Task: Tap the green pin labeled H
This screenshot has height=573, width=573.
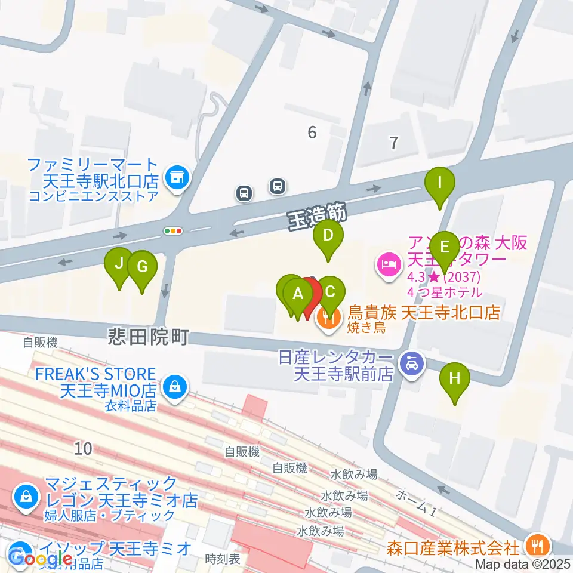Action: [455, 378]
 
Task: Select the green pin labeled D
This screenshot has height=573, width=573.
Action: [328, 235]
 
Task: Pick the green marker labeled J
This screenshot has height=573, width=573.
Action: [119, 263]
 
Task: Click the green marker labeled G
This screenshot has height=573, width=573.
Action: [141, 267]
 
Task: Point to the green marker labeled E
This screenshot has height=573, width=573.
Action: [443, 247]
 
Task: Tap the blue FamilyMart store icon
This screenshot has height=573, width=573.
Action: [176, 177]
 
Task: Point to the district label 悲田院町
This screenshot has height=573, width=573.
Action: [149, 337]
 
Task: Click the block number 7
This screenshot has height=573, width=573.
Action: [393, 143]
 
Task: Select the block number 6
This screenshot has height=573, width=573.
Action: [312, 133]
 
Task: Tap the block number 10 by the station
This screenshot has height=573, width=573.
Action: [84, 448]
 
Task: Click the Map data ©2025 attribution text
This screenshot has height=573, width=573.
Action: [523, 564]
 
